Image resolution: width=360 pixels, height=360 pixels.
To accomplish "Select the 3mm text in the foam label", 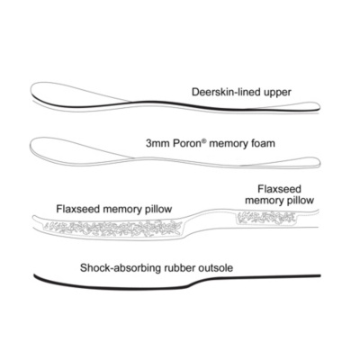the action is (157, 143).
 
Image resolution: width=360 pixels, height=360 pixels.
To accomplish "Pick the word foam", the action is (263, 143).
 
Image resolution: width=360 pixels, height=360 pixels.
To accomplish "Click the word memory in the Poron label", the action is (229, 144).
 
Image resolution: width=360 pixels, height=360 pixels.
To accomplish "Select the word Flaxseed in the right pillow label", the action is (279, 189).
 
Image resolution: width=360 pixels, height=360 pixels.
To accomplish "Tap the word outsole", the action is (216, 267).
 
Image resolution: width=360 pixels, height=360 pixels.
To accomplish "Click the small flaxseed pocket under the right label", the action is (266, 218).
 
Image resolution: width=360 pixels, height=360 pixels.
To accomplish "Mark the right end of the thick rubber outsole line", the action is (320, 275).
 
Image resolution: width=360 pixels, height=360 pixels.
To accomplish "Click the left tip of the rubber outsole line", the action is (35, 275).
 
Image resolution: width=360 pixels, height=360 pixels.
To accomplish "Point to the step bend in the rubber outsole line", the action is (192, 283).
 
